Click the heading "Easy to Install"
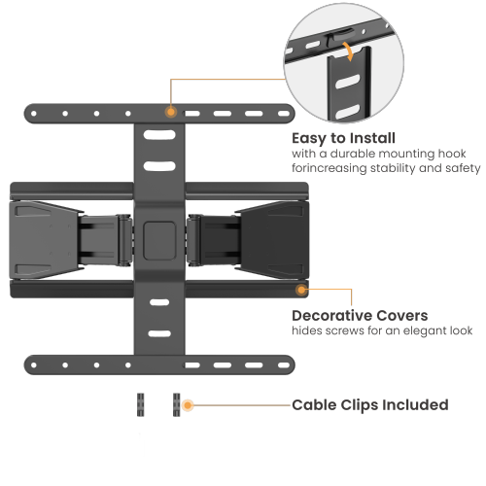point(344,138)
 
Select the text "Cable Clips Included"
point(369,404)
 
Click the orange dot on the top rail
point(171,112)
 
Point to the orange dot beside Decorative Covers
point(302,290)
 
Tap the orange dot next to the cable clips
point(188,404)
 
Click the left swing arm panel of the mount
point(44,236)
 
